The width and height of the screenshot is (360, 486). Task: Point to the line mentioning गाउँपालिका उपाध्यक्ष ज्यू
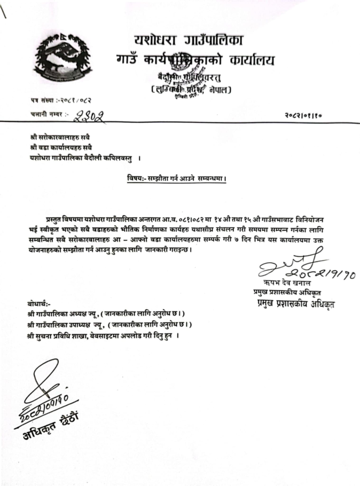click(109, 324)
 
